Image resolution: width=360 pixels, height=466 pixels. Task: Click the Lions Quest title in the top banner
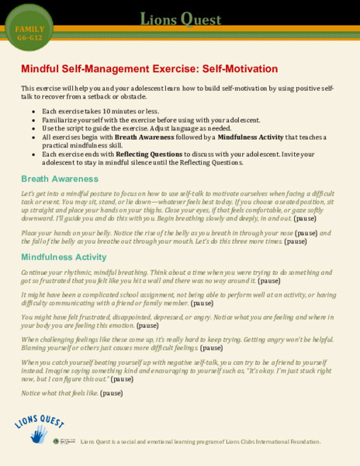[x=179, y=19]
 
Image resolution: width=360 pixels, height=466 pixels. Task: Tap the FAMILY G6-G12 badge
[x=29, y=33]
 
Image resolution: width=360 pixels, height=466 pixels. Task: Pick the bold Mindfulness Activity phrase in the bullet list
[x=251, y=136]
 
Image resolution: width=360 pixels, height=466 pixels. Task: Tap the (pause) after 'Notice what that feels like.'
[x=111, y=394]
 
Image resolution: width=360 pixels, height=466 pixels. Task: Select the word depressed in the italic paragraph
[x=188, y=318]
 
